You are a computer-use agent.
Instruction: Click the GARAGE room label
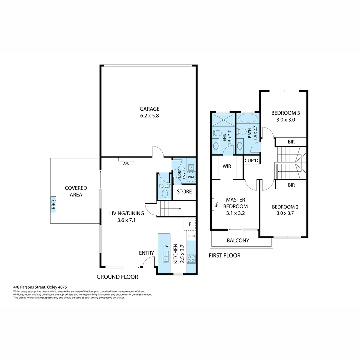coord(149,109)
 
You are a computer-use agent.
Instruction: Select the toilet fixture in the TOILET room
coord(164,193)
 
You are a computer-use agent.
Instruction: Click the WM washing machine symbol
coord(191,177)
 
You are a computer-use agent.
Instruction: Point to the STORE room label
coord(184,191)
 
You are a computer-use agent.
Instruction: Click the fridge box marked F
coord(190,224)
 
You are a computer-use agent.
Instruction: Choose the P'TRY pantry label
coord(191,236)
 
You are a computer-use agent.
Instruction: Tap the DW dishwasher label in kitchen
coord(166,246)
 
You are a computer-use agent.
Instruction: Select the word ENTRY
coord(146,253)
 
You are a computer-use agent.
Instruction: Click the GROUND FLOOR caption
coord(117,277)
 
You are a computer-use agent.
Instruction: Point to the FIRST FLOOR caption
coord(224,256)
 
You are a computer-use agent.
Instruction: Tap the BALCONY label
coord(238,240)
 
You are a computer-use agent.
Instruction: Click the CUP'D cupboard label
coord(252,160)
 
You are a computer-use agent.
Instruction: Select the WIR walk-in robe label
coord(227,166)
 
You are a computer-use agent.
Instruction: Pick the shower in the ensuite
coord(223,119)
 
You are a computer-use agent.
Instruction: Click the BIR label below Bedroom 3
coord(291,142)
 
